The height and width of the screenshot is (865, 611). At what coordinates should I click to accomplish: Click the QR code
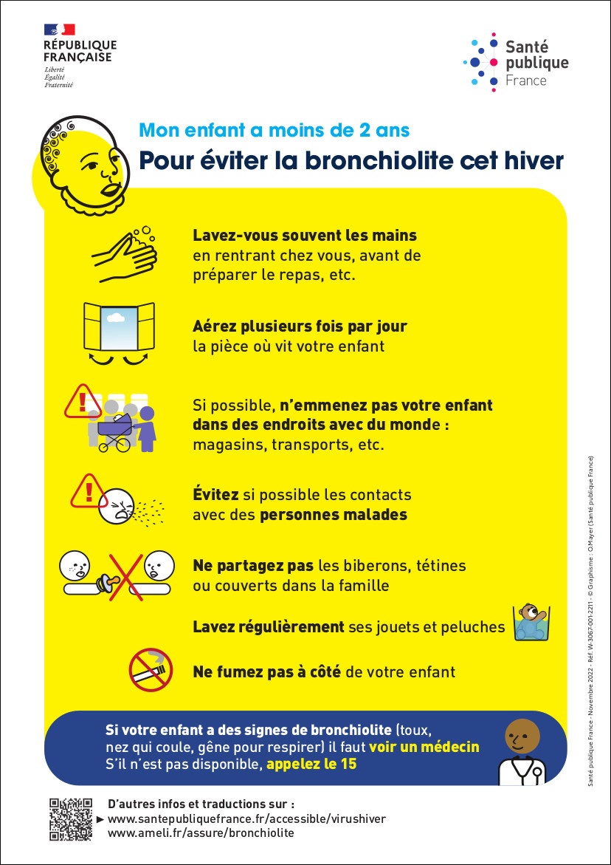71,818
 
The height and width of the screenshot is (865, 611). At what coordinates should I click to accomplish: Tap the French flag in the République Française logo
60,30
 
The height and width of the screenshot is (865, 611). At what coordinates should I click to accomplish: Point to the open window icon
119,330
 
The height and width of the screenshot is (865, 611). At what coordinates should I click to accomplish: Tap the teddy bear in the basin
530,621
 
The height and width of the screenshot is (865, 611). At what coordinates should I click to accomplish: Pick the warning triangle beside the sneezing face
88,490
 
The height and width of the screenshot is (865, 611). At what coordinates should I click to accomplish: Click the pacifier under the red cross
119,581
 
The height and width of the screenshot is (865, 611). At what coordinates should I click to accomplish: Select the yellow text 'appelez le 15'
311,764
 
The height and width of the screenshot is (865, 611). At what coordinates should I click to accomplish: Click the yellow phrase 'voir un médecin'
424,746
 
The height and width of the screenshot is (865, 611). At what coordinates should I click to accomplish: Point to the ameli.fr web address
201,832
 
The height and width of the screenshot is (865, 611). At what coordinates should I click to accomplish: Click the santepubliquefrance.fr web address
246,818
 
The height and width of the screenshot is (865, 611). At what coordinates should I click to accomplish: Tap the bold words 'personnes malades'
334,514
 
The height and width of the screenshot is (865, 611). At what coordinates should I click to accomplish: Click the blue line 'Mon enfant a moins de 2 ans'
275,131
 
